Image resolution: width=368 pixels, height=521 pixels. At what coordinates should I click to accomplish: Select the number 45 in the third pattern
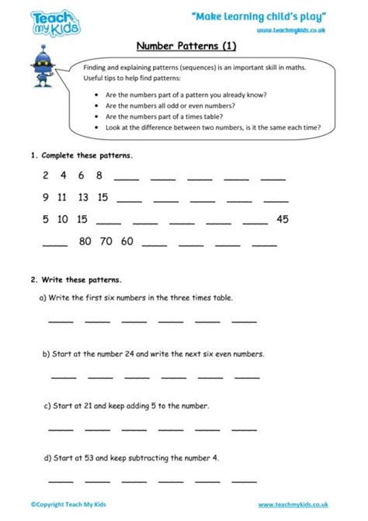point(283,219)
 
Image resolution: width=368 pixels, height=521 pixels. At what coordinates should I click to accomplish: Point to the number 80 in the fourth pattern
point(86,241)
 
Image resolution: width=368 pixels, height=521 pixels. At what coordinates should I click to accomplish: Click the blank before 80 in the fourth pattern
point(54,244)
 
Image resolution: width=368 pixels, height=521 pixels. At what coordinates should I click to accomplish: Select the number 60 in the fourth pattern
point(127,241)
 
